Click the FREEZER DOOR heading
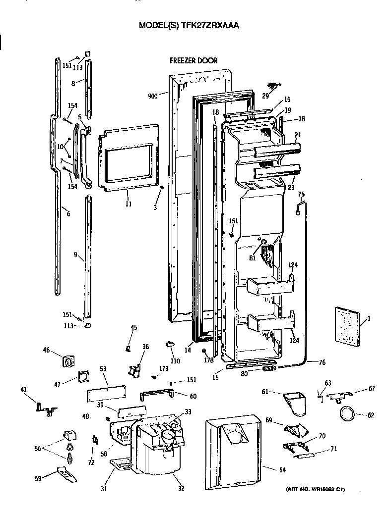point(193,61)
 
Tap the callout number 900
point(154,96)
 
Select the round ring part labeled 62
point(347,413)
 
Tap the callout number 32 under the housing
point(181,488)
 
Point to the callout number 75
point(301,194)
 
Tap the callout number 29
point(265,95)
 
